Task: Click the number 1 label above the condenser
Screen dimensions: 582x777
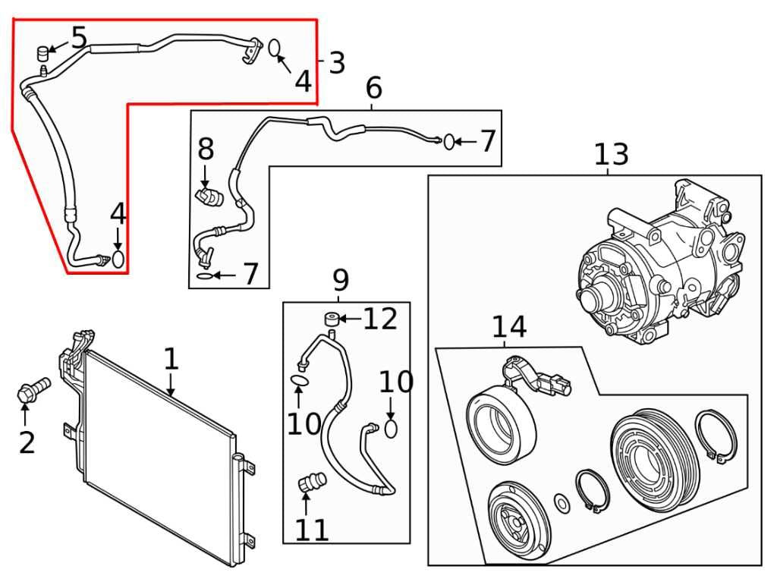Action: pyautogui.click(x=171, y=360)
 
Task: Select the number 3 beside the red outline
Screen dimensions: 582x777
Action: pyautogui.click(x=337, y=63)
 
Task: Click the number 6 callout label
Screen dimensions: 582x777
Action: pyautogui.click(x=373, y=89)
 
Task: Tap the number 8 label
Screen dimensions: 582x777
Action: pyautogui.click(x=206, y=149)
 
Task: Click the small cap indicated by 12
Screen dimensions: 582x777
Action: pyautogui.click(x=331, y=319)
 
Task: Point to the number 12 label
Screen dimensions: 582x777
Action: pyautogui.click(x=380, y=319)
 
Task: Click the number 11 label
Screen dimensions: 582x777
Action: pyautogui.click(x=312, y=530)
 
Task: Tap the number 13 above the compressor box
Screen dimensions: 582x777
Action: pyautogui.click(x=611, y=155)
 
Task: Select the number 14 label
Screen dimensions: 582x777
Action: pyautogui.click(x=508, y=327)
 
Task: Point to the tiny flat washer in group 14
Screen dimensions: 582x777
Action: pyautogui.click(x=562, y=502)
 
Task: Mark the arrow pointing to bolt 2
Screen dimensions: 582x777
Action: pyautogui.click(x=25, y=415)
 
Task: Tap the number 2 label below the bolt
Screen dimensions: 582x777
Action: pyautogui.click(x=27, y=442)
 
